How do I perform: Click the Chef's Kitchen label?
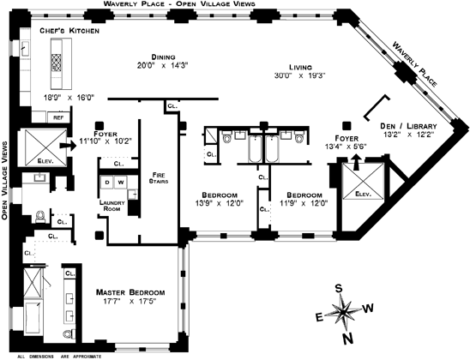[x=69, y=31]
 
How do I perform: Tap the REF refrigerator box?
[x=58, y=117]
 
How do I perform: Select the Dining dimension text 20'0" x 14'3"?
[x=162, y=65]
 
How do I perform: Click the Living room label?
[x=300, y=68]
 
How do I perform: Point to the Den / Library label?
[x=408, y=126]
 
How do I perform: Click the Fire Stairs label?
[x=159, y=177]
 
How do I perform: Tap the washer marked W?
[x=120, y=183]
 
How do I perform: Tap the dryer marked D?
[x=107, y=183]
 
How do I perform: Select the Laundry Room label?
[x=111, y=206]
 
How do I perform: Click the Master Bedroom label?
[x=130, y=292]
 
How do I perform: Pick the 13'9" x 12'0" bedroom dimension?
[x=219, y=203]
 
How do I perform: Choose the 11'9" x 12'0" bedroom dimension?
[x=304, y=203]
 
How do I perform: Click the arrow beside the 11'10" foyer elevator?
[x=68, y=146]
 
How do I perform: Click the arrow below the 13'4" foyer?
[x=356, y=162]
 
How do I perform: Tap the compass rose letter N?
[x=347, y=339]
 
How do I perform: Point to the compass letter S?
[x=339, y=288]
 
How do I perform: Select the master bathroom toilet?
[x=69, y=334]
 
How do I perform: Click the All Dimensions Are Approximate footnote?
[x=59, y=357]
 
